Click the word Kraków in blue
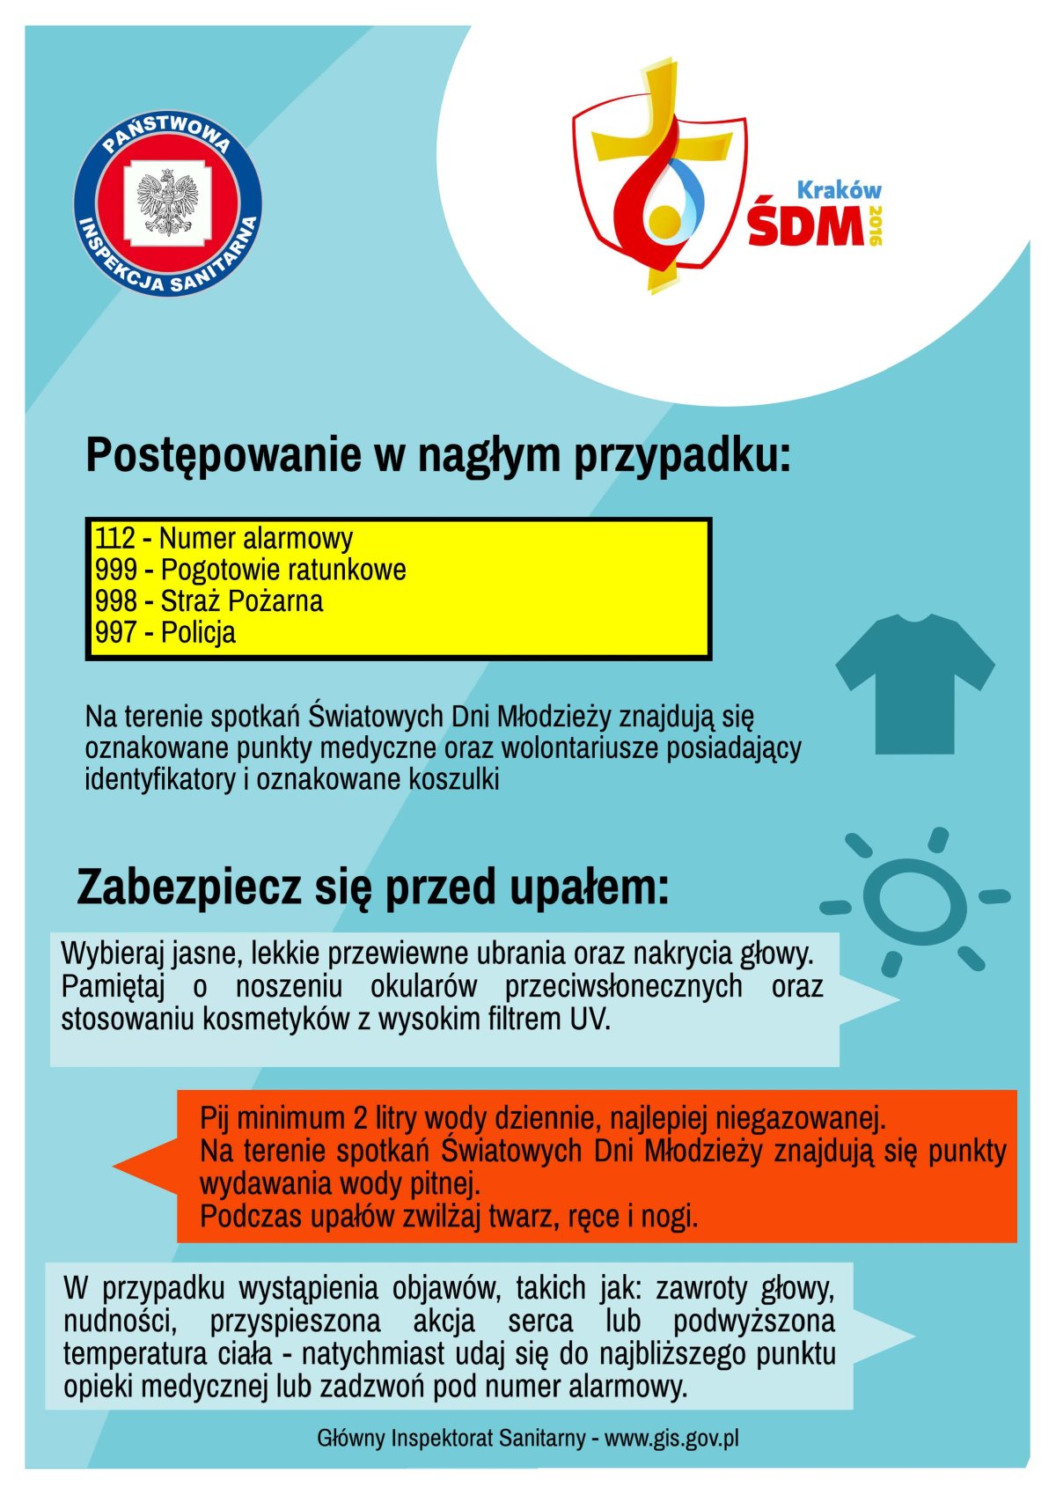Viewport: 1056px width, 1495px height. click(x=838, y=189)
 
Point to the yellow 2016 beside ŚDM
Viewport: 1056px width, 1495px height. click(x=875, y=225)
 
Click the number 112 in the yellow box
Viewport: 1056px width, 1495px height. click(x=115, y=538)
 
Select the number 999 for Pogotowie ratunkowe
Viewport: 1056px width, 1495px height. click(x=115, y=570)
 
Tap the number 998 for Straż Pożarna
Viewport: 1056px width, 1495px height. click(x=115, y=601)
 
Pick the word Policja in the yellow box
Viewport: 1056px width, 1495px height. click(x=198, y=633)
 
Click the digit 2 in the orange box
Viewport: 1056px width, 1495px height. click(x=360, y=1118)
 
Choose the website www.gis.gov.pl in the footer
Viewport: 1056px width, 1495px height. click(x=671, y=1439)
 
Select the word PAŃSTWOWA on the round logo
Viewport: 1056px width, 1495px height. click(x=167, y=132)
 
